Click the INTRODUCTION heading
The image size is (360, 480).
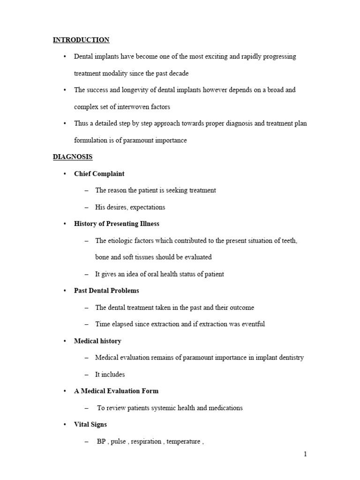coord(81,40)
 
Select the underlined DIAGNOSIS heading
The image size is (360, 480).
coord(73,157)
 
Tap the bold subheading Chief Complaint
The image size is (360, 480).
coord(99,173)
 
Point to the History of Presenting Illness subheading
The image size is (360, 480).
coord(117,224)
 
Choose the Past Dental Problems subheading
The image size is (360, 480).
coord(106,291)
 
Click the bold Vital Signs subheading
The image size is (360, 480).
coord(90,424)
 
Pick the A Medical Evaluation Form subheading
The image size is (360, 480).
coord(116,391)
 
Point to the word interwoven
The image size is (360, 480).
coord(138,106)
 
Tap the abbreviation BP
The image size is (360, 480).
coord(102,441)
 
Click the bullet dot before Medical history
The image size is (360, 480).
coord(65,341)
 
